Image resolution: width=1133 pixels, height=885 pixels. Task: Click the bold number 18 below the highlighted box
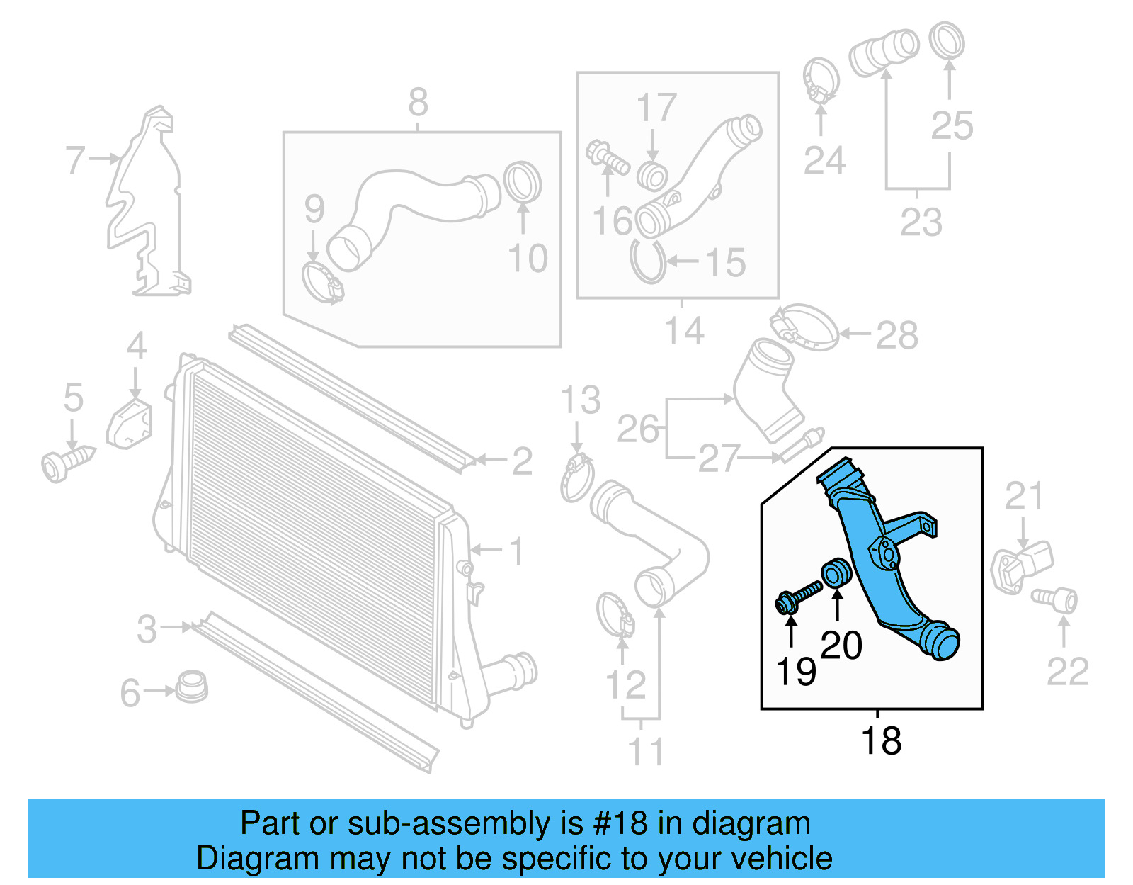(x=881, y=741)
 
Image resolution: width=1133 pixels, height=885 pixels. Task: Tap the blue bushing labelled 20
(x=836, y=573)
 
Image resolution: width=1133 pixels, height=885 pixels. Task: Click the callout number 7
(x=75, y=160)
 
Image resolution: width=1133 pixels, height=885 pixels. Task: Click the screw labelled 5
(x=67, y=463)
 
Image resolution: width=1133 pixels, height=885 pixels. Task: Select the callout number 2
(x=522, y=461)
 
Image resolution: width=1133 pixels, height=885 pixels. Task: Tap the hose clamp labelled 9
(x=322, y=282)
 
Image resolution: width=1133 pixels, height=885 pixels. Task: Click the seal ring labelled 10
(x=523, y=182)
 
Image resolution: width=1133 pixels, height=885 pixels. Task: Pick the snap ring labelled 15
(x=648, y=262)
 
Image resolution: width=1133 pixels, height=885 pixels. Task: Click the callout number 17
(x=656, y=108)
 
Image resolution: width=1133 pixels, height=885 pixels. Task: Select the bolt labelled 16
(x=607, y=157)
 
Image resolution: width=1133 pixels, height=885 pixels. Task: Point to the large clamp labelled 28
(x=804, y=327)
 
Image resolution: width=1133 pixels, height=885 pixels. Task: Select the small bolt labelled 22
(x=1056, y=600)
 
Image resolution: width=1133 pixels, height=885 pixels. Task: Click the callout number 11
(x=646, y=751)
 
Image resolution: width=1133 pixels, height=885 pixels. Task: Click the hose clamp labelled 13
(x=577, y=478)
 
